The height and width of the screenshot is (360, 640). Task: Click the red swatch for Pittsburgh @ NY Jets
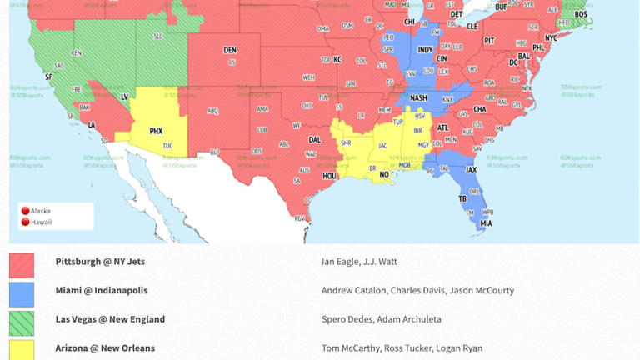click(x=22, y=266)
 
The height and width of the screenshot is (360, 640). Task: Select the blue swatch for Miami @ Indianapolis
click(x=22, y=294)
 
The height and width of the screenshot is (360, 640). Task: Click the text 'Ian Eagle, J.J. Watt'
click(x=359, y=262)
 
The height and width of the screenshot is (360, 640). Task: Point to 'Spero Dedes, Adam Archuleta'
click(x=381, y=319)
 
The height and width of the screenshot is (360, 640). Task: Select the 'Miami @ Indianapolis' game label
click(x=101, y=290)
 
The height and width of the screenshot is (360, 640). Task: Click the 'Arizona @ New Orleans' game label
click(x=105, y=348)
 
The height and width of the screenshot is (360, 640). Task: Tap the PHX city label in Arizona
click(x=156, y=131)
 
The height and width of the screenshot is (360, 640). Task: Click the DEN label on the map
click(x=230, y=51)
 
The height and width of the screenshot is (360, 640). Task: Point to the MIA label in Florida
click(x=486, y=222)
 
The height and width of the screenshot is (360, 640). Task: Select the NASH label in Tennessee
click(x=418, y=97)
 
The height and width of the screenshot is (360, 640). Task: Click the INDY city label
click(x=425, y=50)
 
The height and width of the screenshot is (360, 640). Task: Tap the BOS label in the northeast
click(x=581, y=14)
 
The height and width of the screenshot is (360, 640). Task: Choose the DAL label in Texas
click(x=314, y=140)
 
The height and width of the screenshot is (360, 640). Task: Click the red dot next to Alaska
click(x=25, y=211)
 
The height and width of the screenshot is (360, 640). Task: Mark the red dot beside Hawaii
click(x=25, y=222)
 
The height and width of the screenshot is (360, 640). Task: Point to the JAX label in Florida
click(x=471, y=169)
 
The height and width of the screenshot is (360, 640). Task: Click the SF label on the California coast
click(x=48, y=77)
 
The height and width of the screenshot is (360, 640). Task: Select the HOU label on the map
click(x=329, y=176)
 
